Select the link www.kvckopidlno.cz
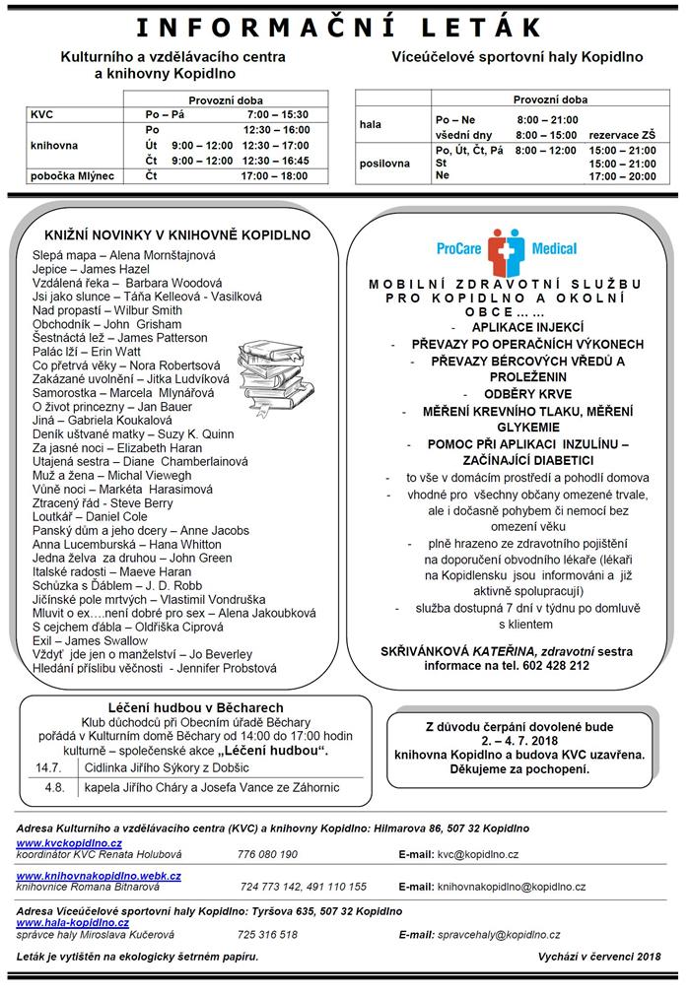click(x=69, y=843)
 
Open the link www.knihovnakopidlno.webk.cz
click(x=99, y=875)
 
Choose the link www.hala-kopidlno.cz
click(x=73, y=922)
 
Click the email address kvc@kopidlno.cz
click(x=477, y=855)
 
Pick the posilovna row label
click(x=385, y=164)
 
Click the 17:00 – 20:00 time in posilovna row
click(x=622, y=176)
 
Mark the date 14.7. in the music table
click(x=49, y=766)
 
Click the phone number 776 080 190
click(x=267, y=855)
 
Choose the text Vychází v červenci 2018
click(x=599, y=957)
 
